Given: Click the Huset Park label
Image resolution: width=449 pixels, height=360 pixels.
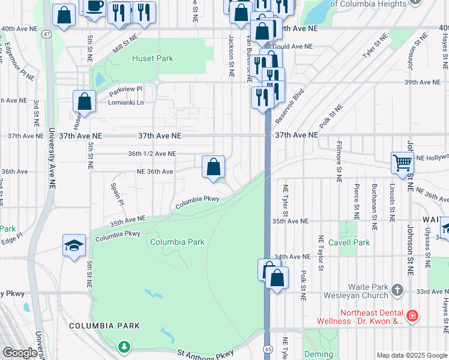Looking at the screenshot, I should tap(152, 59).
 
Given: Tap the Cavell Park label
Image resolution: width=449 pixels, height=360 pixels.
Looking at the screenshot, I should tap(353, 242).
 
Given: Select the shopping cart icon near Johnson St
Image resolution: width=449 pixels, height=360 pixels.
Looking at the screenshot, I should tap(402, 161).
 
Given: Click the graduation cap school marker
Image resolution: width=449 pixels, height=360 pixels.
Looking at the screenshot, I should tap(74, 245).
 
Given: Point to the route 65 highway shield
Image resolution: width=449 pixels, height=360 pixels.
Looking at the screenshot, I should tap(268, 349).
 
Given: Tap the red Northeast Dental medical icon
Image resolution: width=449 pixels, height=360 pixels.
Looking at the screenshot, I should tap(411, 314).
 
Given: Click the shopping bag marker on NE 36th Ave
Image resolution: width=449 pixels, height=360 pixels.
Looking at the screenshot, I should tap(213, 167).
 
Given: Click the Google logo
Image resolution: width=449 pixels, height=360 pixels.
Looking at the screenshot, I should tap(20, 353).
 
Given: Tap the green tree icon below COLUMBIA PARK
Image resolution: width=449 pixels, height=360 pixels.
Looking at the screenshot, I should tap(124, 346).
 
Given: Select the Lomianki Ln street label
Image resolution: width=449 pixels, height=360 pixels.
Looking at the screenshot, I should tap(128, 103).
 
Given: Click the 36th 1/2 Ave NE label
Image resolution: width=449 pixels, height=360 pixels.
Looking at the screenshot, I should tap(152, 154).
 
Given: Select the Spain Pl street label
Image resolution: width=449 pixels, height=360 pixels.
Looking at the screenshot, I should tap(116, 194).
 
